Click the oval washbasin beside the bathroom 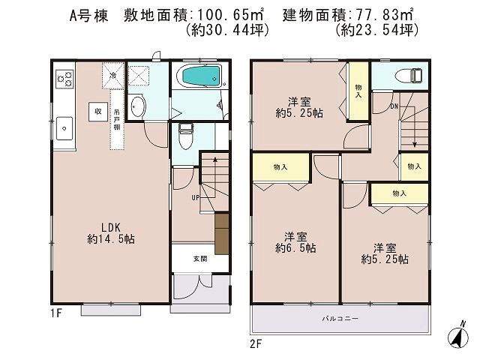click(x=137, y=106)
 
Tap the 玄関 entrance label click(x=200, y=259)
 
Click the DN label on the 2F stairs click(x=393, y=106)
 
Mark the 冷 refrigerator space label click(x=112, y=75)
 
